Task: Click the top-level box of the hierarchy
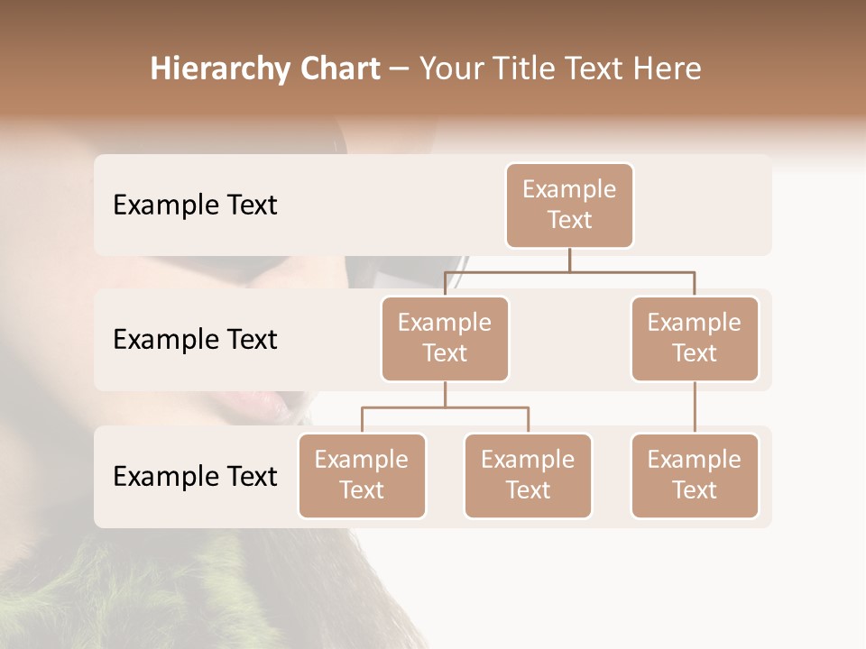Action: point(569,205)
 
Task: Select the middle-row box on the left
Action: point(445,338)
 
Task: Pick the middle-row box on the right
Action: point(695,338)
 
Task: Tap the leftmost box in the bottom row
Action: point(362,475)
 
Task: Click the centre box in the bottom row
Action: point(528,475)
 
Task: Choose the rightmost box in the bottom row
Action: point(695,475)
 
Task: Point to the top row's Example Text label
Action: point(195,205)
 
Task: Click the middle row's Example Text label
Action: point(195,339)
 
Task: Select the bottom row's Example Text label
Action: point(195,476)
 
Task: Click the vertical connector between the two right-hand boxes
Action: point(695,407)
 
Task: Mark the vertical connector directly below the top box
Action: point(569,260)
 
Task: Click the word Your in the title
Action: point(451,69)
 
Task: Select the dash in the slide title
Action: point(400,69)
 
